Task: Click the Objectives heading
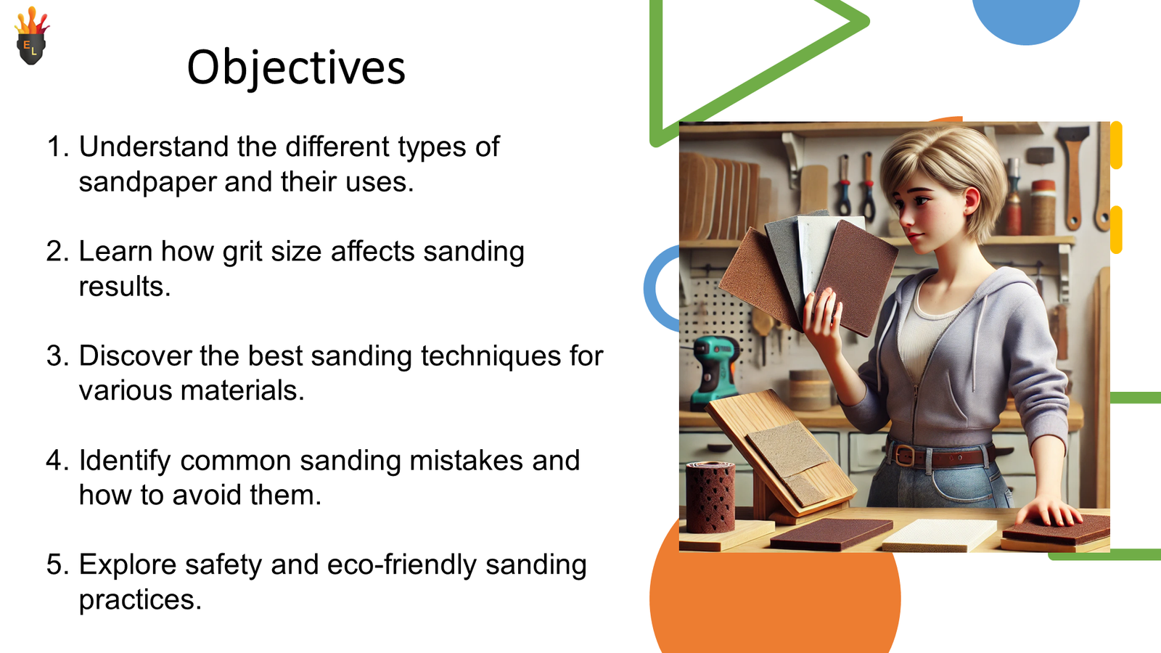point(295,67)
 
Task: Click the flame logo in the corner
point(31,38)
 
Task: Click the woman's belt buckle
point(904,456)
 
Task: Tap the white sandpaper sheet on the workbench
point(939,534)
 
